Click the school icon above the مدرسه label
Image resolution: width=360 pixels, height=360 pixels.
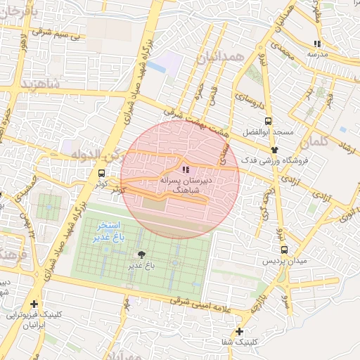coord(318,44)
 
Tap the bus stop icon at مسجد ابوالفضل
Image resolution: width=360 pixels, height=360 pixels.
coord(267,121)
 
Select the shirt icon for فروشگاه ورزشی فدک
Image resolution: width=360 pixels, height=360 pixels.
coord(274,150)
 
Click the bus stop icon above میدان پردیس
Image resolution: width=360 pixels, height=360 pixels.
coord(284,250)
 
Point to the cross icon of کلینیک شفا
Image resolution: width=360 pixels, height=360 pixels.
coord(240,331)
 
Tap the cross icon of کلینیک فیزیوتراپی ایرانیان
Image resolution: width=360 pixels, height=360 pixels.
coord(33,304)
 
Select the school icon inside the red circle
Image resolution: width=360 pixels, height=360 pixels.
coord(185,169)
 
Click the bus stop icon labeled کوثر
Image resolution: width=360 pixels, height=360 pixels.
coord(102,173)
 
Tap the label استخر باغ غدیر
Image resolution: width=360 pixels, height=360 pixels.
coord(108,233)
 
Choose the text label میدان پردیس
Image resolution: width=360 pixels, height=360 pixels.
coord(283,262)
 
